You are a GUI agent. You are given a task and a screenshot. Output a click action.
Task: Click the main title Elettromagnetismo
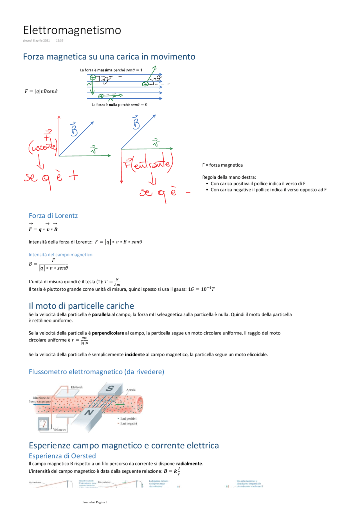pyautogui.click(x=72, y=30)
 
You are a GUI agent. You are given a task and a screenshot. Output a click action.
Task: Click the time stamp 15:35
pyautogui.click(x=60, y=40)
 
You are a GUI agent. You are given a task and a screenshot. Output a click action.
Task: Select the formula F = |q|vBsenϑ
pyautogui.click(x=41, y=91)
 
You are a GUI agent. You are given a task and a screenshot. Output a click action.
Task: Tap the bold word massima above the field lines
pyautogui.click(x=105, y=70)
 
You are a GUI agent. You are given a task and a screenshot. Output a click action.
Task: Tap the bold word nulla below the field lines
pyautogui.click(x=113, y=105)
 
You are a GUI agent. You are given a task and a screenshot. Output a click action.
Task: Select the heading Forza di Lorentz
pyautogui.click(x=53, y=216)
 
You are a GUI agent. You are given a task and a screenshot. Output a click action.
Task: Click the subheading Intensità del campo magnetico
pyautogui.click(x=60, y=255)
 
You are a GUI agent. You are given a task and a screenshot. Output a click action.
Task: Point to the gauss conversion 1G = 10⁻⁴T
pyautogui.click(x=201, y=289)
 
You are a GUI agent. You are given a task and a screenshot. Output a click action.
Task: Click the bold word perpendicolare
pyautogui.click(x=108, y=333)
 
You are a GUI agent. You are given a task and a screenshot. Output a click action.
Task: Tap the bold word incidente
pyautogui.click(x=134, y=355)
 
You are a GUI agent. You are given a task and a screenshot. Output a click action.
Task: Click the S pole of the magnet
pyautogui.click(x=110, y=388)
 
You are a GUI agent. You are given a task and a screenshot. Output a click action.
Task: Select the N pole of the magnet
pyautogui.click(x=89, y=412)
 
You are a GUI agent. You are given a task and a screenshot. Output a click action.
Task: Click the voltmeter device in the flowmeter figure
pyautogui.click(x=43, y=424)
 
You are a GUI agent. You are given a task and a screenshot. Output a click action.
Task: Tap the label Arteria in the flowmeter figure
pyautogui.click(x=131, y=390)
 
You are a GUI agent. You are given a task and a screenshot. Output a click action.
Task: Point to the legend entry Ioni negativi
pyautogui.click(x=129, y=424)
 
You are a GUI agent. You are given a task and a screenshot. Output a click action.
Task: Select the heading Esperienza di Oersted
pyautogui.click(x=62, y=456)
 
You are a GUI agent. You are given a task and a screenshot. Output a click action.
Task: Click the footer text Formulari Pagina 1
pyautogui.click(x=94, y=502)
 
